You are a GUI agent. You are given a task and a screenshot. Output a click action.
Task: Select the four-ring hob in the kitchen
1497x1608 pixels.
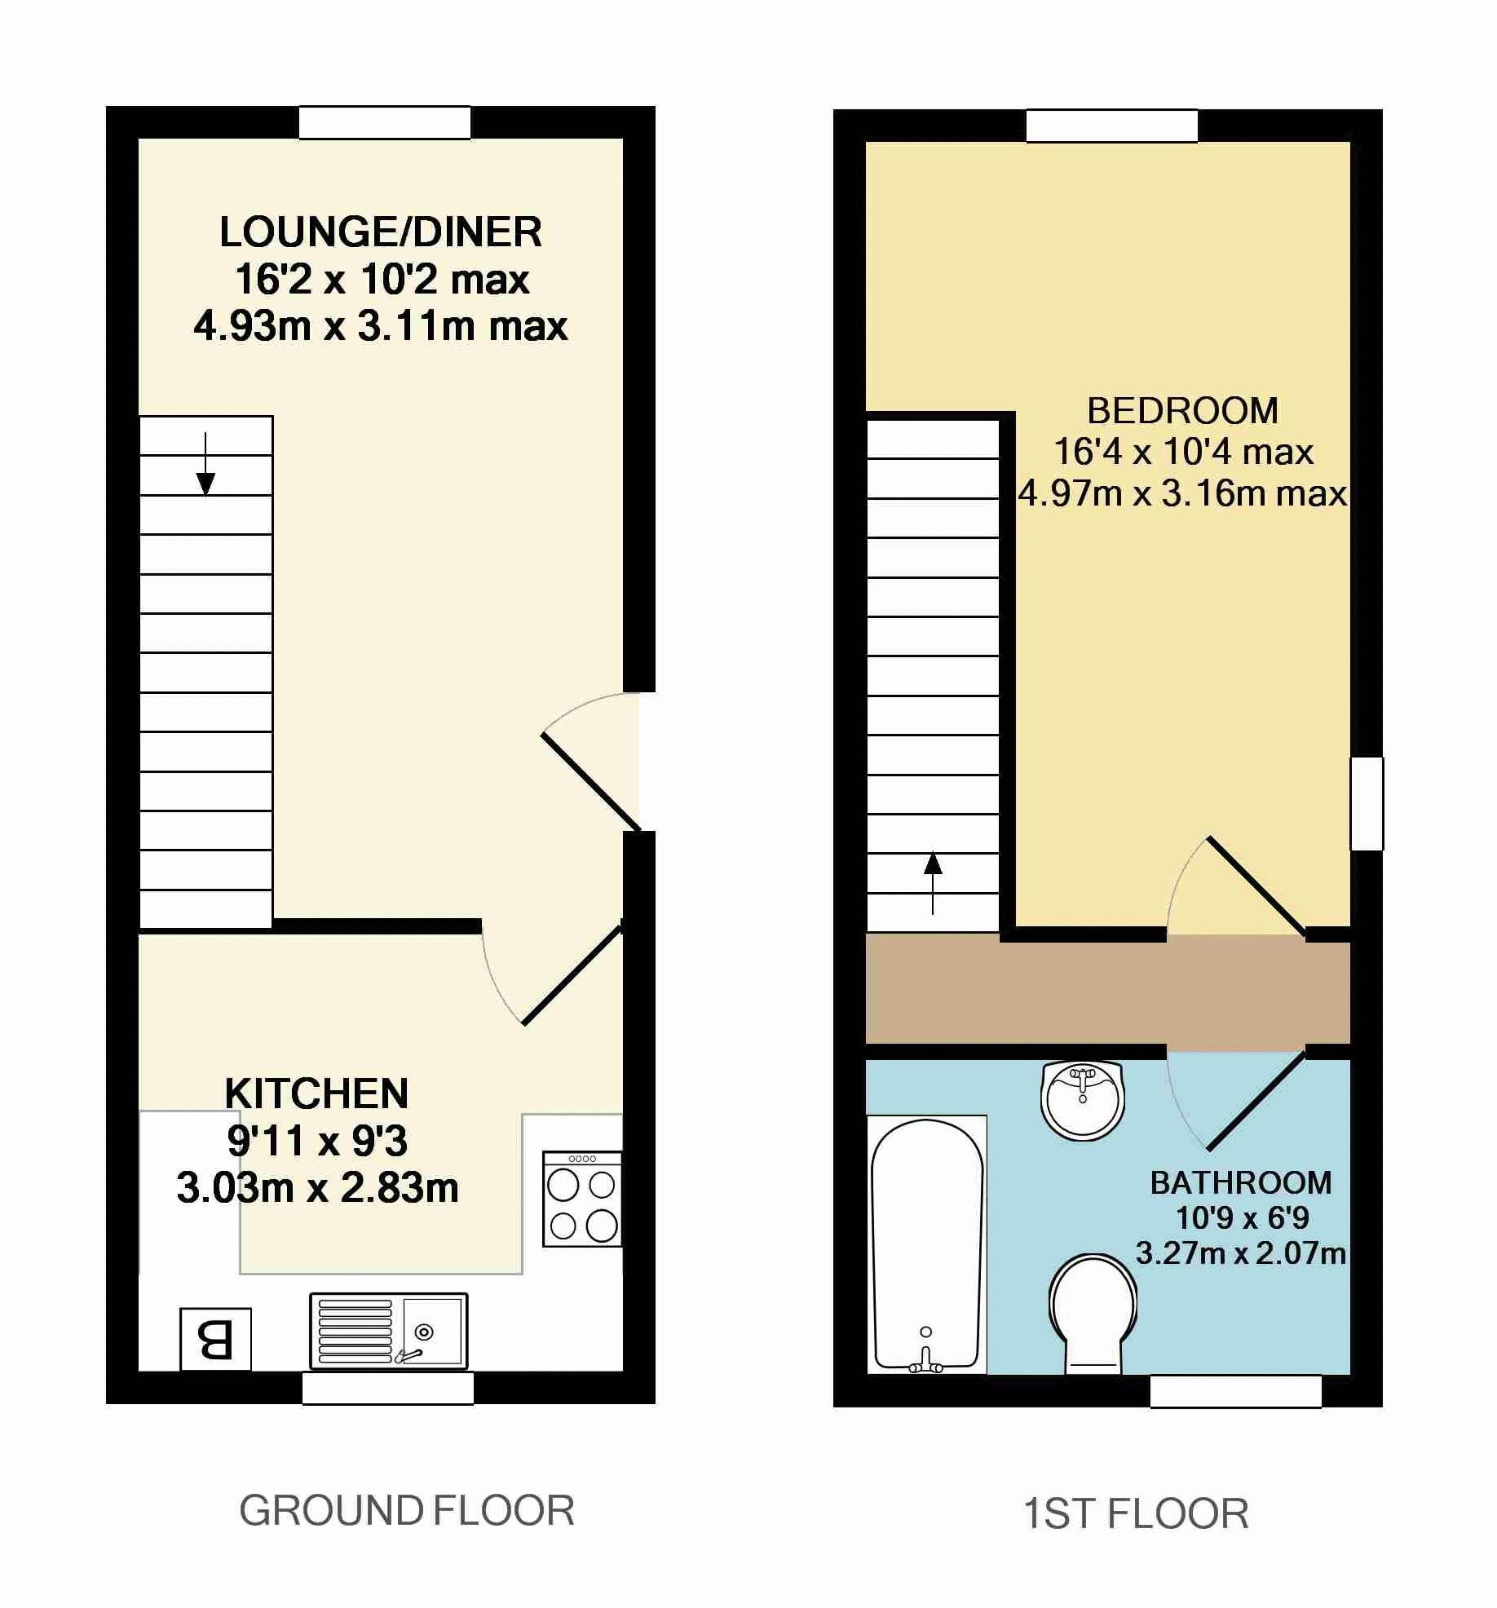pos(582,1198)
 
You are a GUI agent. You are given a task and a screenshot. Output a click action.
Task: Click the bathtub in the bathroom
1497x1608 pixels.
pos(927,1244)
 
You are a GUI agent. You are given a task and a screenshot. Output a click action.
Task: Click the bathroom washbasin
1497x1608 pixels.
pos(1083,1099)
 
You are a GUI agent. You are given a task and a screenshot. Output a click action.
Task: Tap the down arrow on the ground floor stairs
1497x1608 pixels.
pos(205,464)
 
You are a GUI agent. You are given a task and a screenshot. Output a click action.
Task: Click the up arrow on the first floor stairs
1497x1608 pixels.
pos(933,883)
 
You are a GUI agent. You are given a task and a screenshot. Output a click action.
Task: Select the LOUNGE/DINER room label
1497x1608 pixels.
pos(381,232)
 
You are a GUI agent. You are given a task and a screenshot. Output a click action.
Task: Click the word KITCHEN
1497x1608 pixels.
pos(316,1094)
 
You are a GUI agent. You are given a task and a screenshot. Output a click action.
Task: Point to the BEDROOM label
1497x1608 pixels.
pos(1182,411)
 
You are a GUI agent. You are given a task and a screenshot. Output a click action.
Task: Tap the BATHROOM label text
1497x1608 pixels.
pos(1241,1182)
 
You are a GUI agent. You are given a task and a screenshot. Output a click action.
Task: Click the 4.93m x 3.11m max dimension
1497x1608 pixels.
pos(381,326)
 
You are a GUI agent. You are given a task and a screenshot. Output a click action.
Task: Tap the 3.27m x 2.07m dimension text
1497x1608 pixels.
pos(1240,1252)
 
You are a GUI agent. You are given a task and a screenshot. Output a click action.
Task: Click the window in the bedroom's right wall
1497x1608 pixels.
pos(1367,804)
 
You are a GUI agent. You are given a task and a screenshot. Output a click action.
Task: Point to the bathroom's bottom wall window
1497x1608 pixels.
pos(1235,1392)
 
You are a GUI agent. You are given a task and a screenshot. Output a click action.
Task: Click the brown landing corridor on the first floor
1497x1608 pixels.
pos(1108,988)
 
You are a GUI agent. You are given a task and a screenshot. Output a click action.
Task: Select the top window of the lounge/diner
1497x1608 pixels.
pos(385,122)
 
